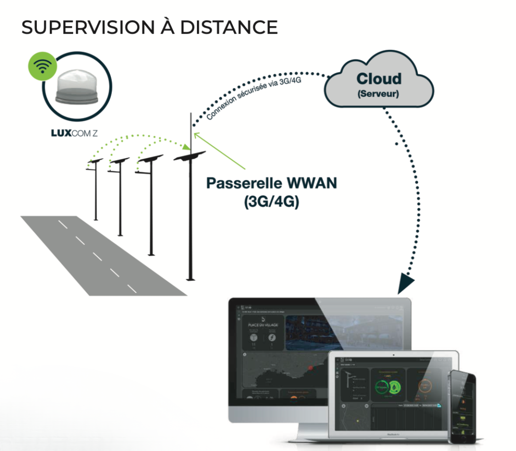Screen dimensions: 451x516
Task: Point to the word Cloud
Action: [379, 79]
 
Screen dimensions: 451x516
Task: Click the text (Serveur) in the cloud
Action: [378, 94]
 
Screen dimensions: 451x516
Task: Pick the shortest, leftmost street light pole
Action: [95, 191]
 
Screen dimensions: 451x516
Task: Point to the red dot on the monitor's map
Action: [310, 368]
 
